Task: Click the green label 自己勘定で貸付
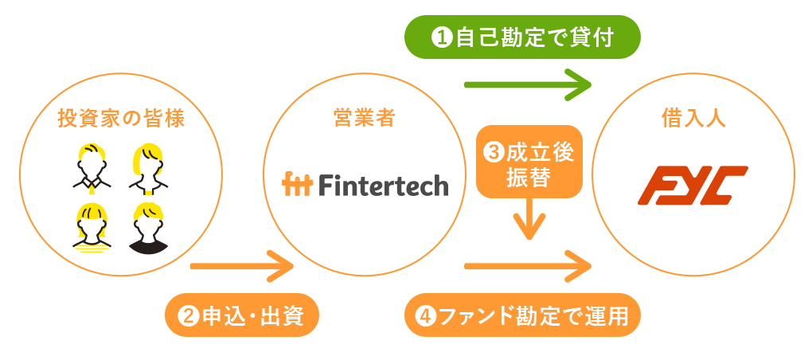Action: [x=522, y=37]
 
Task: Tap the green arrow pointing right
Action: [x=529, y=83]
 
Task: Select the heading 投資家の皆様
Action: [x=121, y=119]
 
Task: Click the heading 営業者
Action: [x=364, y=119]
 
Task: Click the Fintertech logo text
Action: [x=383, y=185]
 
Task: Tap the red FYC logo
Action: [x=693, y=185]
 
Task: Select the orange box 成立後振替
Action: [x=529, y=162]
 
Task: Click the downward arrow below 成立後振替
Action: [x=529, y=221]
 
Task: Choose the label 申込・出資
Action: [x=242, y=316]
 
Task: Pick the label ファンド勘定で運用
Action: [x=522, y=316]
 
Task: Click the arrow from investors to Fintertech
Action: [x=242, y=265]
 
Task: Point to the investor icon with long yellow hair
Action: [x=149, y=168]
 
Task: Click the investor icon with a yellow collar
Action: [x=93, y=168]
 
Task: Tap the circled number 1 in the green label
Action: [x=442, y=37]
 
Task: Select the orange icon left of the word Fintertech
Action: [x=298, y=185]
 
